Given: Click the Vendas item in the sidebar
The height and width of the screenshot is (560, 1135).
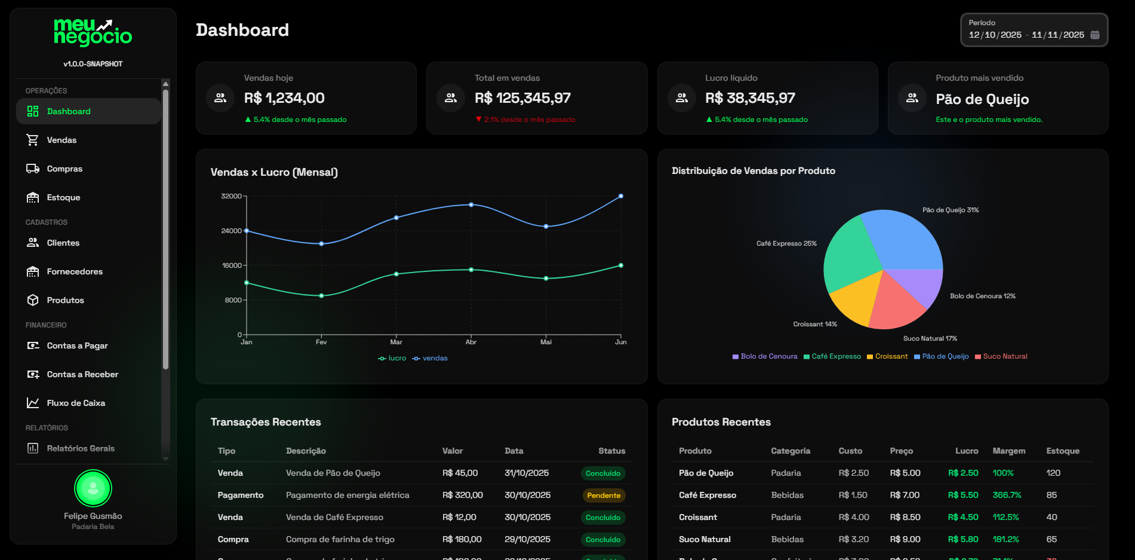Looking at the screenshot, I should click(61, 140).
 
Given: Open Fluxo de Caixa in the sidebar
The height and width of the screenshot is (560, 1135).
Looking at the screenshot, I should click(76, 403).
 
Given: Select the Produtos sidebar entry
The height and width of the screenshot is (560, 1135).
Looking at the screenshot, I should click(65, 300).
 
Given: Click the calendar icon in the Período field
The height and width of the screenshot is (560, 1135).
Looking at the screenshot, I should click(1095, 35).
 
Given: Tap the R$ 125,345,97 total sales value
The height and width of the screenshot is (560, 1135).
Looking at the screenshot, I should click(522, 98).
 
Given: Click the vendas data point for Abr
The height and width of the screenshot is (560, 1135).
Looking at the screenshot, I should click(471, 205).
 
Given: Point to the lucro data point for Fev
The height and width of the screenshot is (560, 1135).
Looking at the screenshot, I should click(321, 296).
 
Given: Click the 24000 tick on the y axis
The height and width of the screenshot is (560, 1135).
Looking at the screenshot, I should click(231, 231).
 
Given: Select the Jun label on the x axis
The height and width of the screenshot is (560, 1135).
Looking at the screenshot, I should click(621, 342).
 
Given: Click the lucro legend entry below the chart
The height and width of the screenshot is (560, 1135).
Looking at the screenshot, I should click(392, 358).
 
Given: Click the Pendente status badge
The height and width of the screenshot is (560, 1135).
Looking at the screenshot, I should click(603, 495).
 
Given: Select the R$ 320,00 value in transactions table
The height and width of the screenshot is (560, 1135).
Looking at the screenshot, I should click(462, 495).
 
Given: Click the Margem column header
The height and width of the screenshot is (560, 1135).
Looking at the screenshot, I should click(1008, 451).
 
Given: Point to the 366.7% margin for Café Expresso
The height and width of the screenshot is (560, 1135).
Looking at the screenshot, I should click(1007, 495).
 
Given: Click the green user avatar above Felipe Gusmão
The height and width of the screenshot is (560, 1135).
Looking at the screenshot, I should click(93, 488).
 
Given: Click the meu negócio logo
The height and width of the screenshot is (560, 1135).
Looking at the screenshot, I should click(93, 33).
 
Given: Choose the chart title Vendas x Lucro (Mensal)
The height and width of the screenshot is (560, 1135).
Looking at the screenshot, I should click(274, 172).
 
